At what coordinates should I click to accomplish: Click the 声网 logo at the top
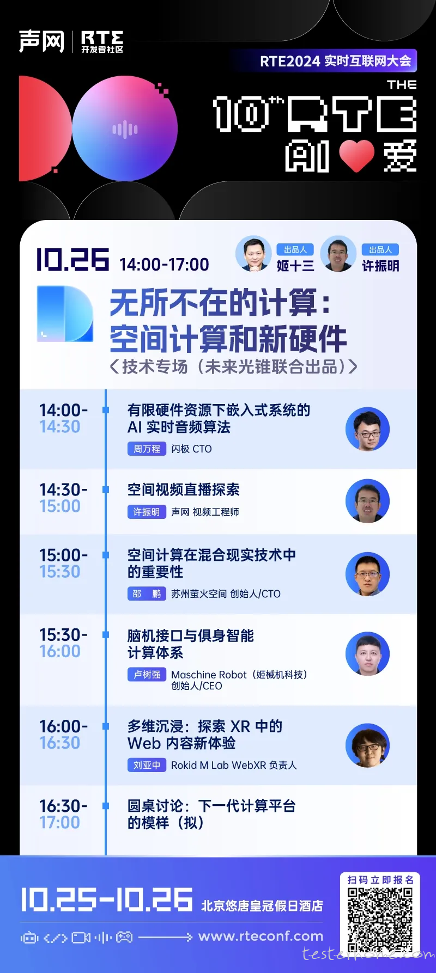(41, 41)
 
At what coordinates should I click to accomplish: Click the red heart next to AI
(357, 156)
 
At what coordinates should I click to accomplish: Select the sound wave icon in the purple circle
(125, 129)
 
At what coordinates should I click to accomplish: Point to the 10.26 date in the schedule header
(72, 259)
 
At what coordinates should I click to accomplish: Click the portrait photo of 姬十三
(253, 254)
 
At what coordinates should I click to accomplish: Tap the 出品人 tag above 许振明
(380, 249)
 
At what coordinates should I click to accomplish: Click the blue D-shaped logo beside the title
(65, 314)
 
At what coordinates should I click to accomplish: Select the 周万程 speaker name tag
(147, 449)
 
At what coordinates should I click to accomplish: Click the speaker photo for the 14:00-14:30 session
(367, 429)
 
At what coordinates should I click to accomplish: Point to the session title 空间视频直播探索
(184, 489)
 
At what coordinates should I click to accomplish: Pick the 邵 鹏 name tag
(147, 593)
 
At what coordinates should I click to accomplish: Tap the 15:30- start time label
(63, 635)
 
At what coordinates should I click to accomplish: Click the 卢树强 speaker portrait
(367, 653)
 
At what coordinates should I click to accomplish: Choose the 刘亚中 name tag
(147, 765)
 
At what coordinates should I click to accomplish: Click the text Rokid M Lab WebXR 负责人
(234, 765)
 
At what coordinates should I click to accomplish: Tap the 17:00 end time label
(60, 822)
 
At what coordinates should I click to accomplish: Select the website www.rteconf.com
(261, 937)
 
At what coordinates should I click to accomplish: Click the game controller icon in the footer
(125, 937)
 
